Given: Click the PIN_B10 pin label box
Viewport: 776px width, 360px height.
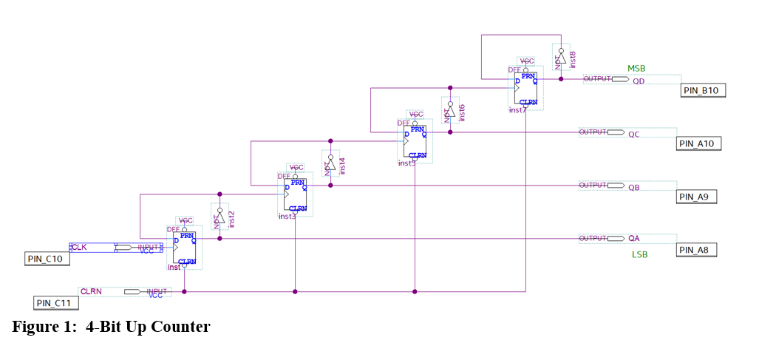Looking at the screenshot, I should pyautogui.click(x=704, y=90).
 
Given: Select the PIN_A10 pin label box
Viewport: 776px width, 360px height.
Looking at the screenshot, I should pyautogui.click(x=698, y=143).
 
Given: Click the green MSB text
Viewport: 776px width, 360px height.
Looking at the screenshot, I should pyautogui.click(x=636, y=69).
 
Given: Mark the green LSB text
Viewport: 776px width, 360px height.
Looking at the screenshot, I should pyautogui.click(x=639, y=254).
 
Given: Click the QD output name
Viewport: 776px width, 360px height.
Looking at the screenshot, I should pyautogui.click(x=639, y=81).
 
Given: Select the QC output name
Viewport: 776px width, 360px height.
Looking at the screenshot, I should pyautogui.click(x=634, y=135).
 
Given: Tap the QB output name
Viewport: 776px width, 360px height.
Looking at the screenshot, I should pyautogui.click(x=633, y=188).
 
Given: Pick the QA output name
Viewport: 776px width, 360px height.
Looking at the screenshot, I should pyautogui.click(x=633, y=239).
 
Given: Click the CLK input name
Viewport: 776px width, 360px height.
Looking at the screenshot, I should pyautogui.click(x=79, y=247).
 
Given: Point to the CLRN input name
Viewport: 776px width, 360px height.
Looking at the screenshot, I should pyautogui.click(x=91, y=291).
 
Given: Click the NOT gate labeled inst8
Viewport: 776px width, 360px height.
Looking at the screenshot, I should pyautogui.click(x=561, y=57).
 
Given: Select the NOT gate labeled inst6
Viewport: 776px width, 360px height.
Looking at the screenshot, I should pyautogui.click(x=449, y=112).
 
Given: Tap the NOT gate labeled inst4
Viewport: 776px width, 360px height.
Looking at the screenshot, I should pyautogui.click(x=330, y=165).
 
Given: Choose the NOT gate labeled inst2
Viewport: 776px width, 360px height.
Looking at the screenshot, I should pyautogui.click(x=219, y=218).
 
